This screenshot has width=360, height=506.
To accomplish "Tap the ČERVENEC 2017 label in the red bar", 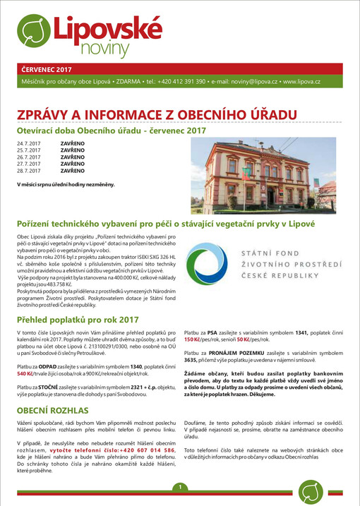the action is [x=47, y=70].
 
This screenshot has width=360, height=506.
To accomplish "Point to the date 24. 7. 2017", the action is [x=30, y=143].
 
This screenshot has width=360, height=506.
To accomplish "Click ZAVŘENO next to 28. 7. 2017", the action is [x=72, y=170].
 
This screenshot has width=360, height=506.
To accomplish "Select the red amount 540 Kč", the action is [x=27, y=372].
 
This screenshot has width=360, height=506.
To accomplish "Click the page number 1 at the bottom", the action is [x=181, y=487].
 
